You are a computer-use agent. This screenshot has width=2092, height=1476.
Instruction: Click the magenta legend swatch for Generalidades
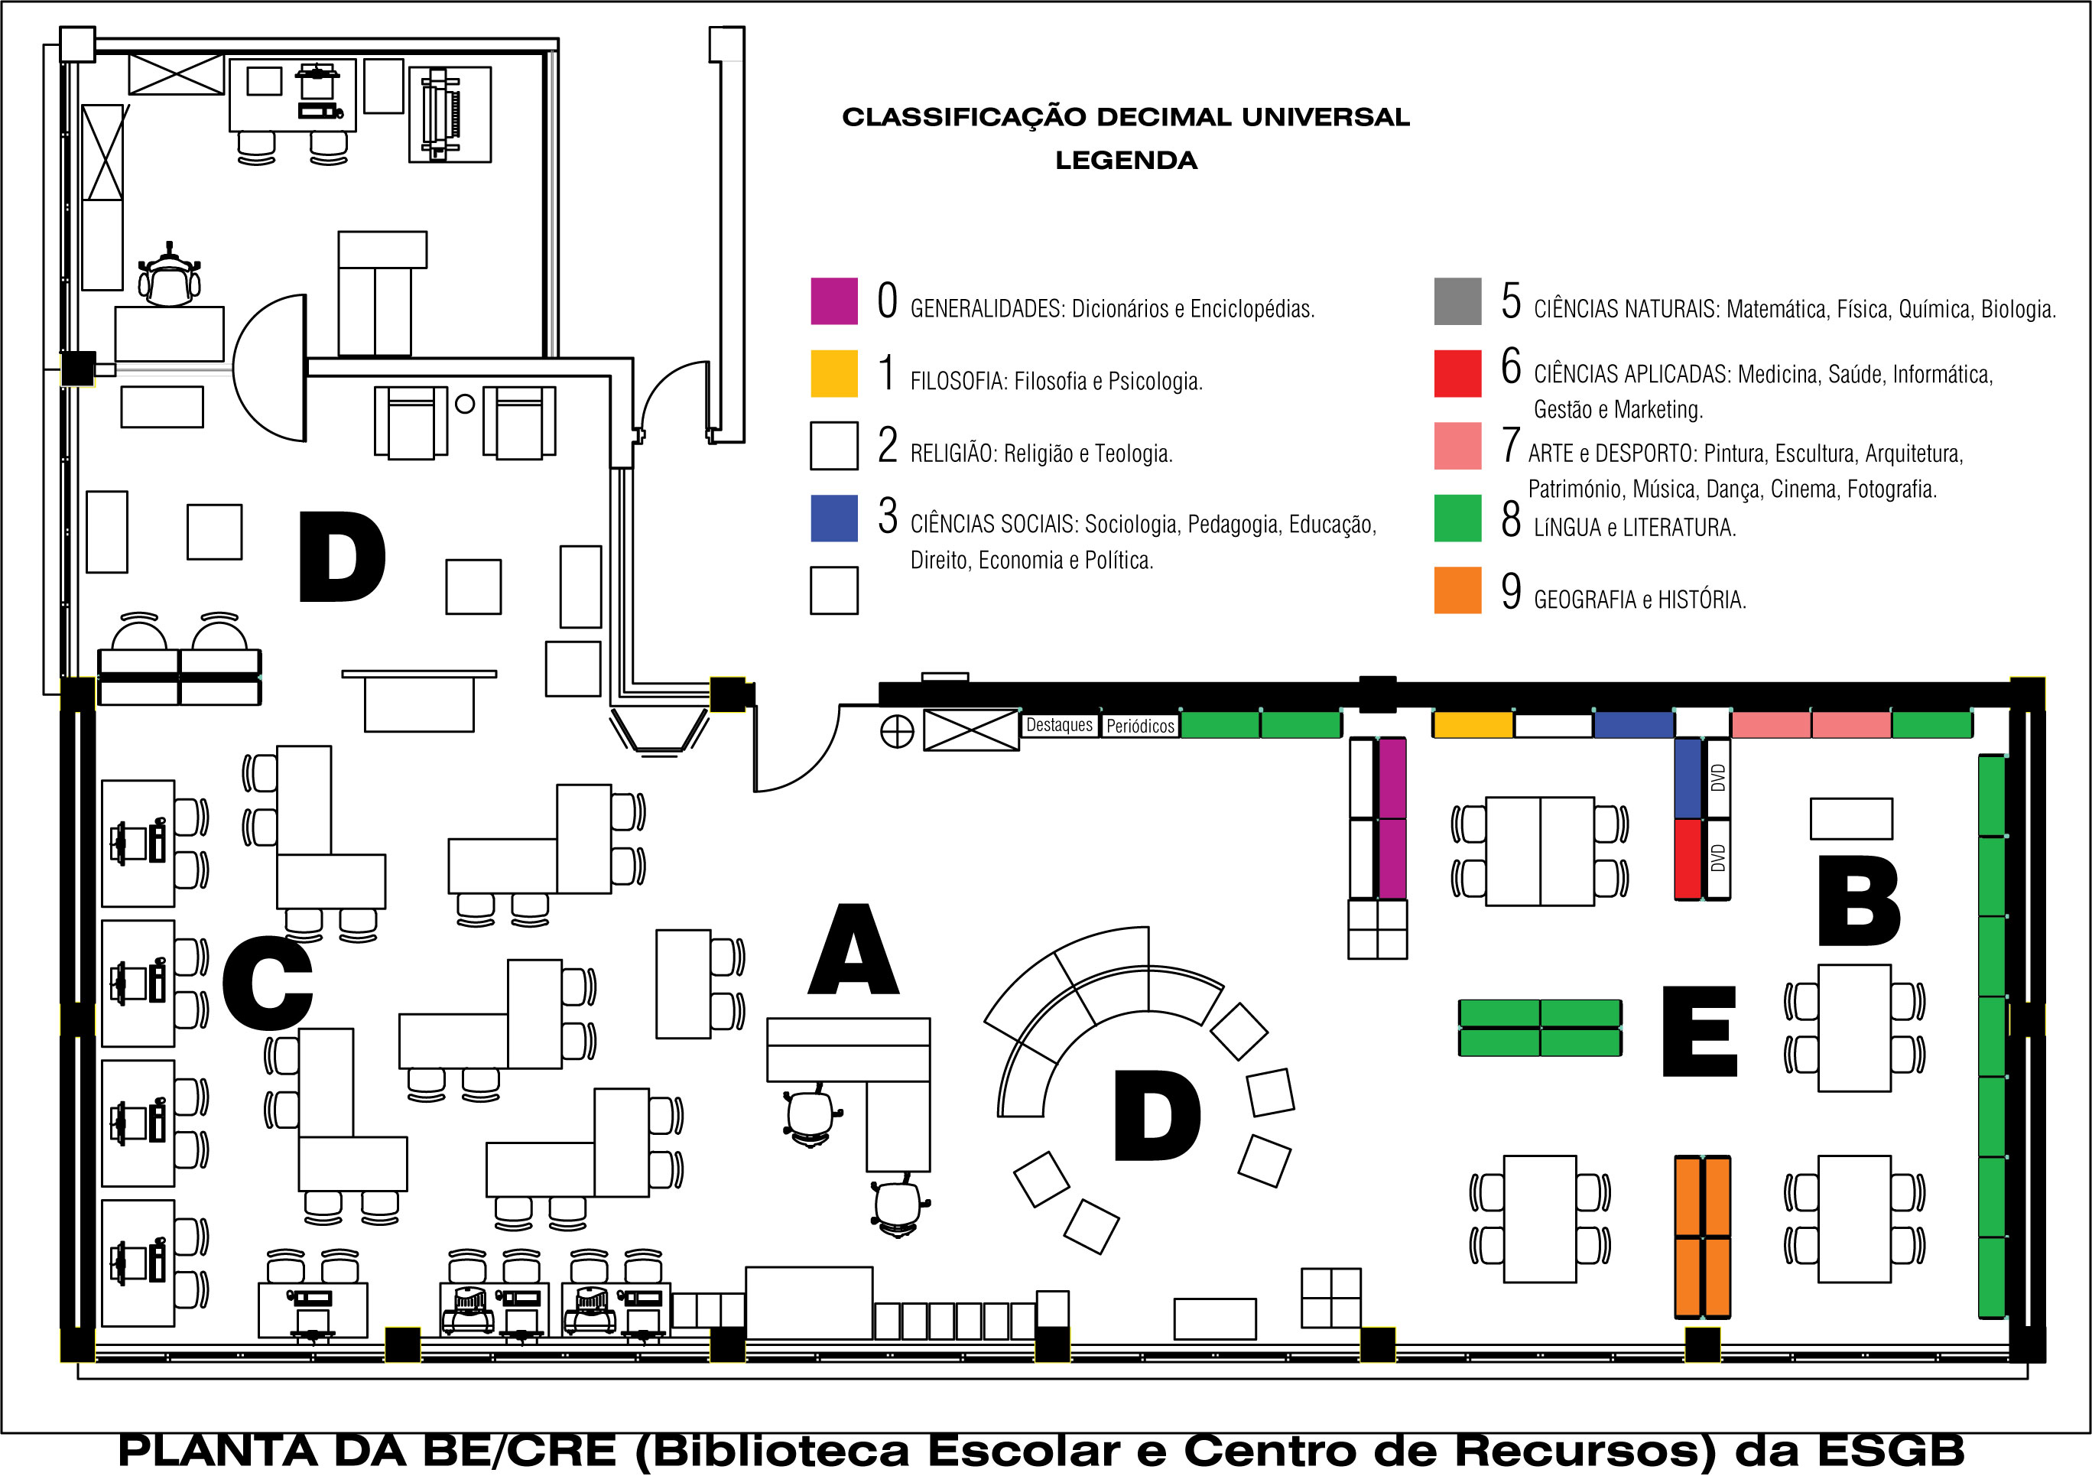tap(833, 301)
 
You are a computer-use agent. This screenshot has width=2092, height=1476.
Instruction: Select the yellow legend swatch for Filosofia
tap(833, 373)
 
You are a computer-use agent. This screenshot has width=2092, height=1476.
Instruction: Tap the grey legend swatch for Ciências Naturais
tap(1457, 301)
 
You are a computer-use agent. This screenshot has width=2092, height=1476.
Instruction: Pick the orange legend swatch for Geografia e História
tap(1457, 590)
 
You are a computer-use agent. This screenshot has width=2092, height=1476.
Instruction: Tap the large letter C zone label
tap(267, 984)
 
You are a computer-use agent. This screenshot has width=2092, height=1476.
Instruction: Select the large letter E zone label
tap(1699, 1032)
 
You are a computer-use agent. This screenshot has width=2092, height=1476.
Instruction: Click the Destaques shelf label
tap(1059, 725)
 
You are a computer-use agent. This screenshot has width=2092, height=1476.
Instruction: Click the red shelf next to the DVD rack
tap(1688, 858)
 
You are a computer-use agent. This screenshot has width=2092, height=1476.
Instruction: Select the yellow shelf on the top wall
tap(1473, 724)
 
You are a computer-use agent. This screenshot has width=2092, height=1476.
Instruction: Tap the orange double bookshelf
tap(1702, 1237)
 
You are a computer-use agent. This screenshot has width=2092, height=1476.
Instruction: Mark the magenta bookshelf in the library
tap(1392, 818)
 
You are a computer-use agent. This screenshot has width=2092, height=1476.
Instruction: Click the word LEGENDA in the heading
tap(1126, 161)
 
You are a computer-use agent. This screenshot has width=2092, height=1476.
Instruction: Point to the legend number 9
tap(1511, 591)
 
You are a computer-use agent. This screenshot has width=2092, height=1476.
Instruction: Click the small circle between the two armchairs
tap(465, 404)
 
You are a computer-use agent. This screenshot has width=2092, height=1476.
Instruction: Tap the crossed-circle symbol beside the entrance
tap(897, 732)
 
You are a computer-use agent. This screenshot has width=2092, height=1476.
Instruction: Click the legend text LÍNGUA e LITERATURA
tap(1635, 528)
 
